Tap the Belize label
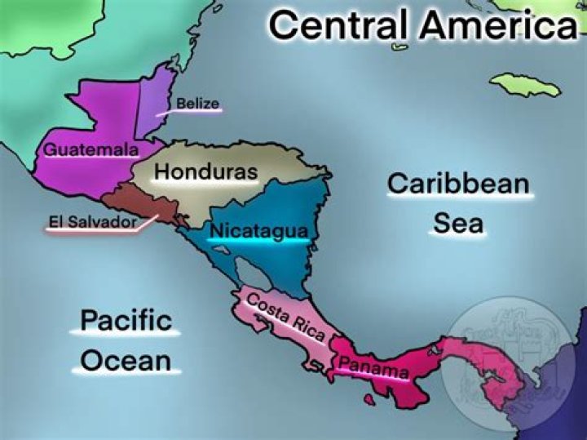coord(198,104)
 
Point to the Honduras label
coord(205,172)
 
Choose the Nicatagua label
coord(258,231)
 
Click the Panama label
coord(373,368)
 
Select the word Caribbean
coord(458,184)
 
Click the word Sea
coord(458,223)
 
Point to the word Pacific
coord(126,320)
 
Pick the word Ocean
coord(126,361)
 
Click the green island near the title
coord(526,84)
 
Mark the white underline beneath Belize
coord(198,113)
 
